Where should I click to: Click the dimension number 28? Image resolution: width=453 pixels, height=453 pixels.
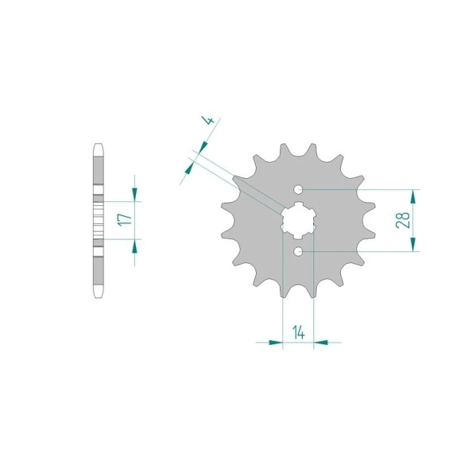coord(403,220)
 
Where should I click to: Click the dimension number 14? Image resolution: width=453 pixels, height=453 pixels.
coord(299,332)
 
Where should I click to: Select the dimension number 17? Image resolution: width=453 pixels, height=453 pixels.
coord(125,220)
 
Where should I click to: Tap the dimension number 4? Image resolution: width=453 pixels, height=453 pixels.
coord(209,120)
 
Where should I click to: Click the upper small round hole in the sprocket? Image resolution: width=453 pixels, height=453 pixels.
coord(298,190)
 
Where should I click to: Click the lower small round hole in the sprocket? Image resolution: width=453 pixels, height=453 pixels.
coord(298,251)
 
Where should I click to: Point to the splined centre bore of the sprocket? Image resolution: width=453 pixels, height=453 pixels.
coord(298,220)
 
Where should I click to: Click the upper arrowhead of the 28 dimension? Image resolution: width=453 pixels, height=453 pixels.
coord(413,197)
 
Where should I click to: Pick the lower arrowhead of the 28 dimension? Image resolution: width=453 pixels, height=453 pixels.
coord(413,244)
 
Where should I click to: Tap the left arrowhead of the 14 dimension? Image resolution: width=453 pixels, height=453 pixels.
coord(276,343)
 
